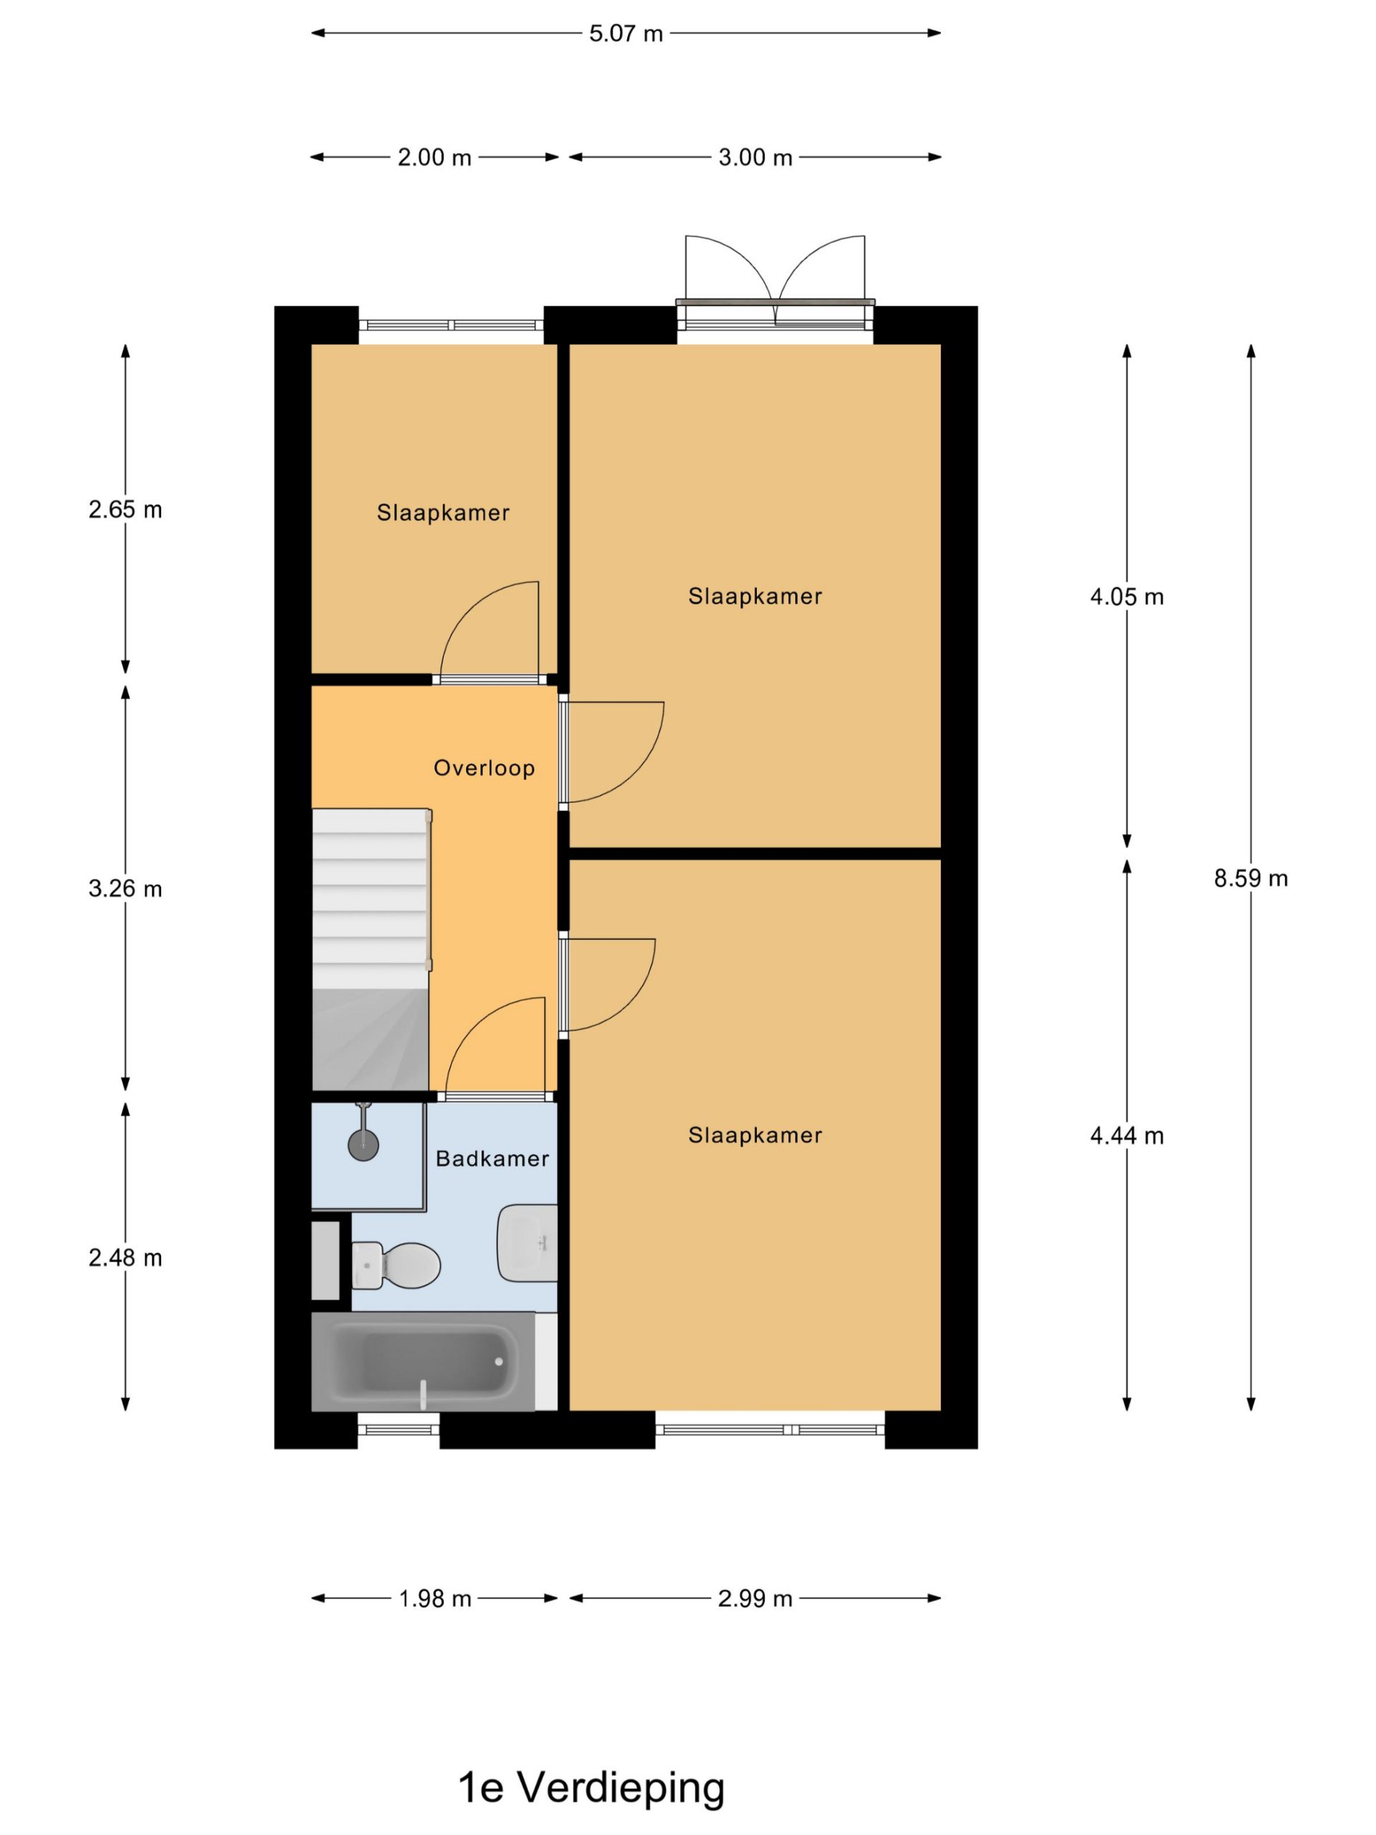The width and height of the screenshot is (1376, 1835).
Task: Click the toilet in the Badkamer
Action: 396,1265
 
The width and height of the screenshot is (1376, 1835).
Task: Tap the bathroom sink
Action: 527,1243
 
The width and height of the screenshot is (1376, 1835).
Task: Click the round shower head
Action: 363,1145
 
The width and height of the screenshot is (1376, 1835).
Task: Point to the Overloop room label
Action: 484,768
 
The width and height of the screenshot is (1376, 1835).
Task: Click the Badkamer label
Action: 492,1158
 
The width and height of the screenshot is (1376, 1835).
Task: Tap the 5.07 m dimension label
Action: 626,33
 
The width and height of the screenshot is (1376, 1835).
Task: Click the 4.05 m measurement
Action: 1127,596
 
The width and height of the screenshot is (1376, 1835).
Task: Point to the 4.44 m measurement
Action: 1127,1135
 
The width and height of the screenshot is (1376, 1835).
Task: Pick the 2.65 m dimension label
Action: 125,510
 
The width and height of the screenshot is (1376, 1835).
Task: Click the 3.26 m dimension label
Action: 125,888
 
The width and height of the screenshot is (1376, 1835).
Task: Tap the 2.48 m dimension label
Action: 125,1258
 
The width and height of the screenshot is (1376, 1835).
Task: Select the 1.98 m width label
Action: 434,1598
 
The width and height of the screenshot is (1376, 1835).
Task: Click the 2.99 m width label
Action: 755,1598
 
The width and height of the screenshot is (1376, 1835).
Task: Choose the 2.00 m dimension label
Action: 434,157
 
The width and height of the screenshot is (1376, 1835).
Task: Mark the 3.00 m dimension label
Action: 755,157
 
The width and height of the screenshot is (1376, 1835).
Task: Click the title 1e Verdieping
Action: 591,1788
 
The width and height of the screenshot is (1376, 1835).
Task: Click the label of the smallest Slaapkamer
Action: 443,513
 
